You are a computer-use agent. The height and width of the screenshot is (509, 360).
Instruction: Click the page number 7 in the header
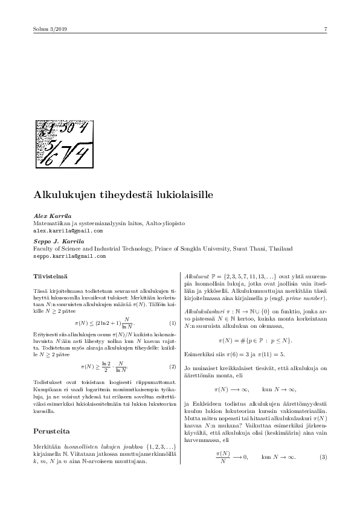326,29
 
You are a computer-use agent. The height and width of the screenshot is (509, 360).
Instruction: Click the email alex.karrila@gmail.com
68,231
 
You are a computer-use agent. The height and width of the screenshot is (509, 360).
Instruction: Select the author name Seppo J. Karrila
59,241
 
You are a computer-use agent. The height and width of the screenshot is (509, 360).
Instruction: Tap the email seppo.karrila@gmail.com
69,256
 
